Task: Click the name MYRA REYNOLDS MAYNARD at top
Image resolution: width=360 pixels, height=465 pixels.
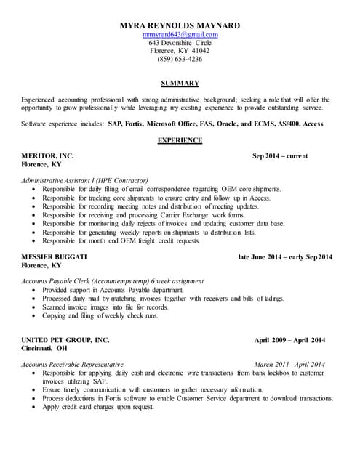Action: pos(180,25)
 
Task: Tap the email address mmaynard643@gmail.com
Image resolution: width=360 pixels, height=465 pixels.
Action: pos(180,34)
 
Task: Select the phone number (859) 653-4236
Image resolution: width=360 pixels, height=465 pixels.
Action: pos(180,59)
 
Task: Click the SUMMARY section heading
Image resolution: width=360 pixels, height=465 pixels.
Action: pos(180,84)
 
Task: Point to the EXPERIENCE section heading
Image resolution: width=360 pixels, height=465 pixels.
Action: pos(180,140)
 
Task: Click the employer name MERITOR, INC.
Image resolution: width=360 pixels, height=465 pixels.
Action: pos(48,155)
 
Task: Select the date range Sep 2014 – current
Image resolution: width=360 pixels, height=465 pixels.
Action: pos(280,155)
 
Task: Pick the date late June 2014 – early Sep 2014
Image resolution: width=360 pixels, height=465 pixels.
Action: pos(285,257)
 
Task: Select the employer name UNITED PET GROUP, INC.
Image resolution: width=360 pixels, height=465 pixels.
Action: pos(65,340)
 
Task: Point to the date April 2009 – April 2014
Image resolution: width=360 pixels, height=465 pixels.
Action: pos(289,340)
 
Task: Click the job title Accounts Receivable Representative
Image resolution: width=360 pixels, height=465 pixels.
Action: pos(73,364)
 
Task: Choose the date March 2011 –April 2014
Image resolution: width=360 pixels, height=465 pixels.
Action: pos(289,364)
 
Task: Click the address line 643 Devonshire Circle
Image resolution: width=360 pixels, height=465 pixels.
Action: pos(180,42)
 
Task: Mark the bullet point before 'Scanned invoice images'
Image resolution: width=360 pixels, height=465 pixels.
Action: pos(34,307)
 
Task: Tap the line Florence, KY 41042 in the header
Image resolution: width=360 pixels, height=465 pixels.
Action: pos(180,51)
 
